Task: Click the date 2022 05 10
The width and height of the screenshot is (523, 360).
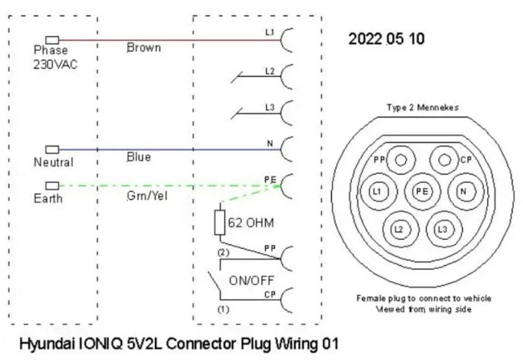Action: point(386,38)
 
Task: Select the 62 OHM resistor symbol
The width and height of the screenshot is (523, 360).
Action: point(219,222)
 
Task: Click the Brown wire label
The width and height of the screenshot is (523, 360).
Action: point(143,48)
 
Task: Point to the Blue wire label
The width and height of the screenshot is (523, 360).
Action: point(139,157)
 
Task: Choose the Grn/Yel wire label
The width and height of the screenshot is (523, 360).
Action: point(146,195)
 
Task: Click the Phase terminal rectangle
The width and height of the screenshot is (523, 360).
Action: point(52,40)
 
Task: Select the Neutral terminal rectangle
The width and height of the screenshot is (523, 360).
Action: point(52,149)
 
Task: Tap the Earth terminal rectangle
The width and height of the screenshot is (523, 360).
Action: point(52,186)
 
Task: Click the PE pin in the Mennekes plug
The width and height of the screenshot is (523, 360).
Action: point(421,191)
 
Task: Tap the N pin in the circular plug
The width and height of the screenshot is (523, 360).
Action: point(463,191)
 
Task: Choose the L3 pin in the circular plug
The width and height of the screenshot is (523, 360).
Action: point(442,228)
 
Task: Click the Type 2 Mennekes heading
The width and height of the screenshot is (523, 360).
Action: point(421,108)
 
